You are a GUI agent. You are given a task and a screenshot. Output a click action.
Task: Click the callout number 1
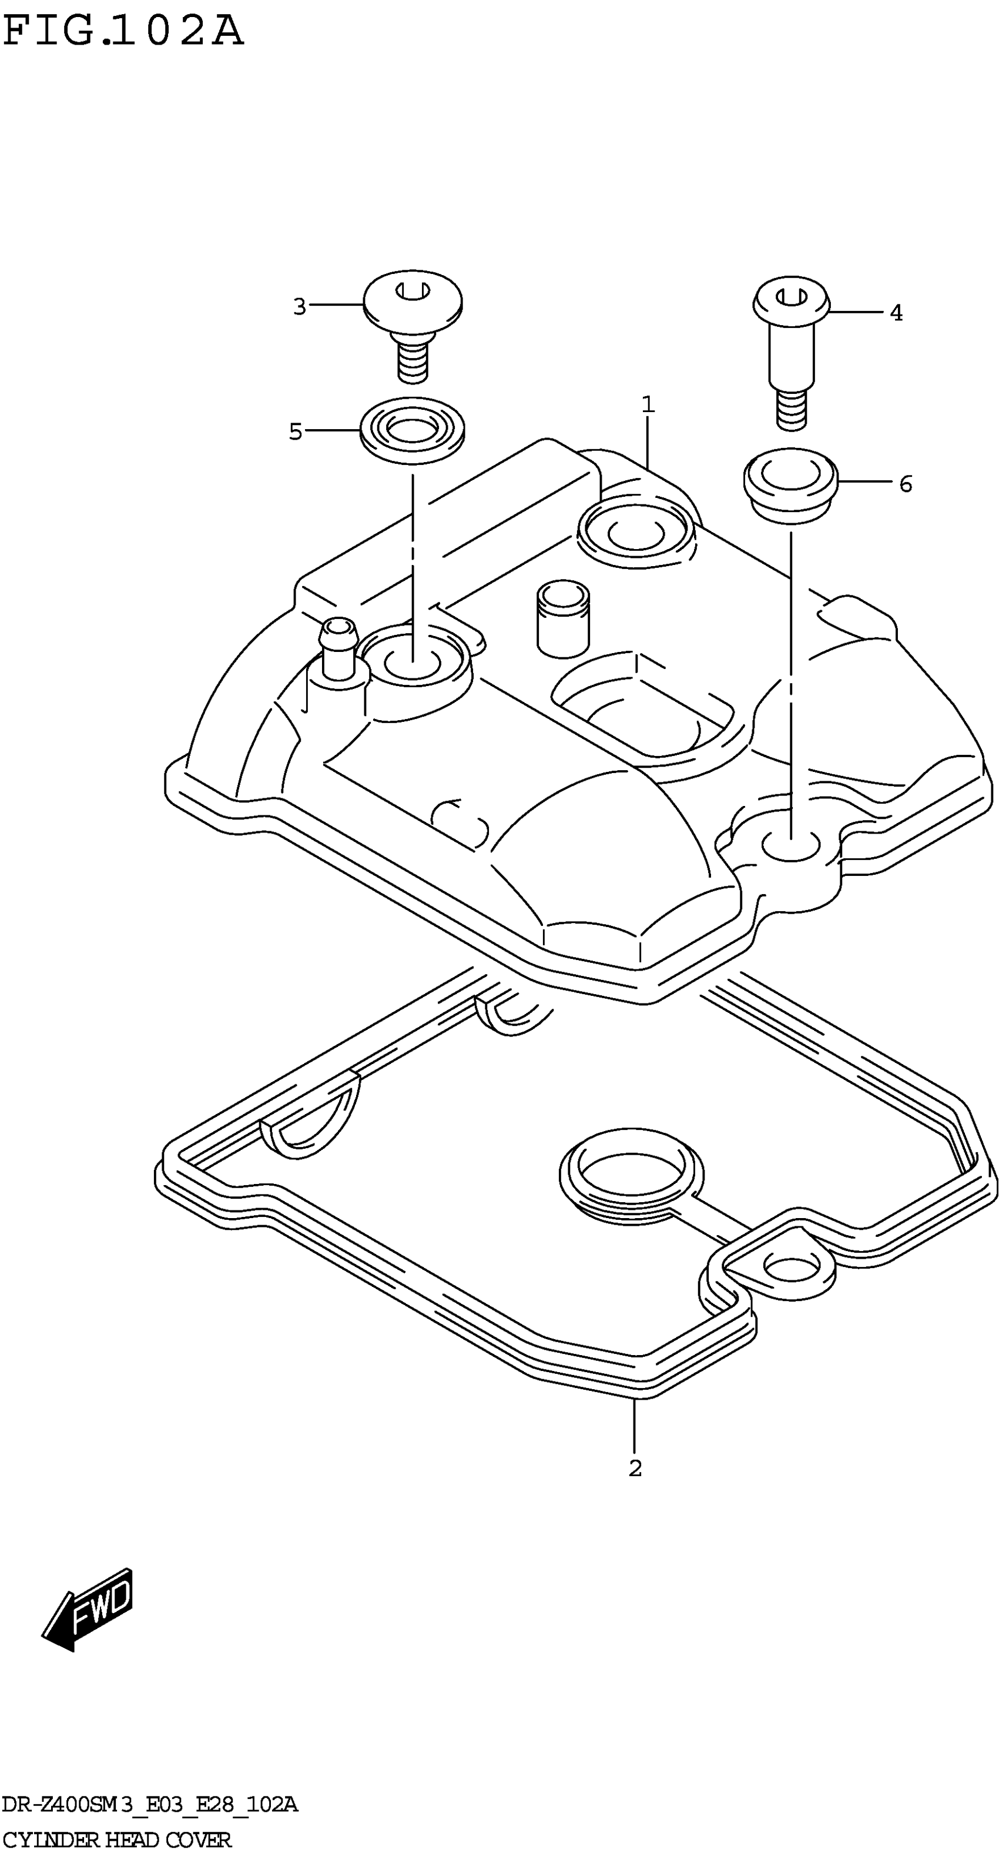tap(648, 405)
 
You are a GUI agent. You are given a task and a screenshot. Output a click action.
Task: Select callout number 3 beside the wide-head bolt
tap(299, 307)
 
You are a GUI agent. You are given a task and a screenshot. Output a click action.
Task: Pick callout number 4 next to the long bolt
tap(896, 313)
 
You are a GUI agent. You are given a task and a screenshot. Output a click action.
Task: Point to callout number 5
tap(295, 432)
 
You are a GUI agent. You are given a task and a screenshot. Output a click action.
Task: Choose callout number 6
tap(905, 484)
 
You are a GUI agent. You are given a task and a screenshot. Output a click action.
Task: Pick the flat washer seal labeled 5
tap(411, 431)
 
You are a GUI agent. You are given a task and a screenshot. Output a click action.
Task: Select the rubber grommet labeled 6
tap(790, 483)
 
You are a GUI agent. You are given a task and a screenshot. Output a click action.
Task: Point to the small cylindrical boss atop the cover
tap(563, 618)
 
